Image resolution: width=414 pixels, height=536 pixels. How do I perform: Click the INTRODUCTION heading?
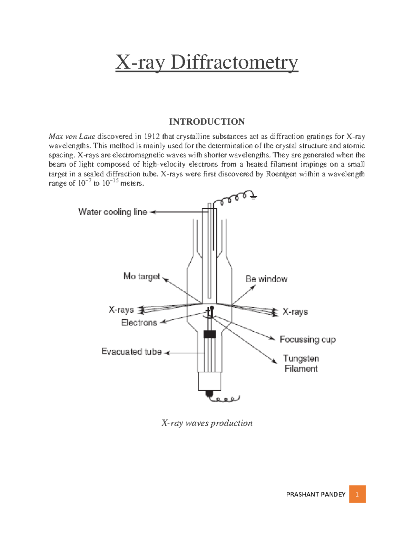[x=207, y=122]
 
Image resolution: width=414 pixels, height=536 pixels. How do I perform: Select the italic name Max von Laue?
[x=72, y=136]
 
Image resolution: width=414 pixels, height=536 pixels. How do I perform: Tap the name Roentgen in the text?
[x=281, y=174]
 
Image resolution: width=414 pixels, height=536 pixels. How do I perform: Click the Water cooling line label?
[x=112, y=212]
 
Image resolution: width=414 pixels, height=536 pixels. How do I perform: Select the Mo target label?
[x=142, y=276]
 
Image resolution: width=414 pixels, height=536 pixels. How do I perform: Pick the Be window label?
[x=266, y=279]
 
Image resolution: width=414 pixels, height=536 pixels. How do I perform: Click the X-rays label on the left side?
[x=121, y=310]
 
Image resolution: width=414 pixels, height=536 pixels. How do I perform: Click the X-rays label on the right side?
[x=295, y=312]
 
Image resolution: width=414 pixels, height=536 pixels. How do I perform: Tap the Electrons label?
[x=139, y=323]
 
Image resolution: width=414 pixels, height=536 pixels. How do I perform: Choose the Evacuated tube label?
[x=131, y=352]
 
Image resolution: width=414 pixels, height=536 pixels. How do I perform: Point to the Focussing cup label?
[x=307, y=340]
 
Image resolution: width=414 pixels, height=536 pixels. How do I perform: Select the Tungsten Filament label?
[x=301, y=363]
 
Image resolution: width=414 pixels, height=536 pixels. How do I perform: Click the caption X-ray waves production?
[x=207, y=423]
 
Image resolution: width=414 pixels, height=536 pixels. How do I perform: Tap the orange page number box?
[x=357, y=494]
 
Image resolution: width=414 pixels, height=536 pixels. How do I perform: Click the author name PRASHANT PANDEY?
[x=316, y=495]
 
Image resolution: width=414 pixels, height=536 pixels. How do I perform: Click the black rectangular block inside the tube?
[x=209, y=334]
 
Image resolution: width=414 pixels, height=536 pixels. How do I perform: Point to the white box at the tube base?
[x=209, y=381]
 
